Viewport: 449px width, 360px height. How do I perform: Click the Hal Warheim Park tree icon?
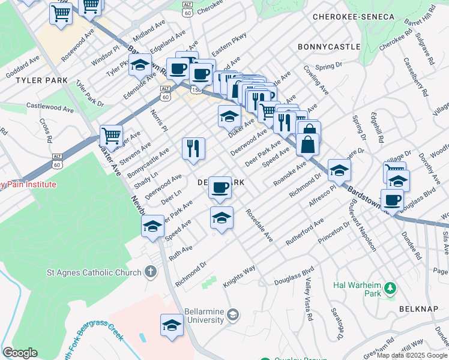coord(390,289)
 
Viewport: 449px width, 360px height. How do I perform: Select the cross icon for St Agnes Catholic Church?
coord(150,272)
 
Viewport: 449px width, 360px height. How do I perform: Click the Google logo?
coord(20,353)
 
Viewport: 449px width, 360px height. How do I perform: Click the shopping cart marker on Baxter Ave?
coord(111,136)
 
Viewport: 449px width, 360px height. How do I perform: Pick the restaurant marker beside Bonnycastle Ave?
coord(193,148)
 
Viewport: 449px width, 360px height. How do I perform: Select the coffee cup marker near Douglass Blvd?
coord(392,200)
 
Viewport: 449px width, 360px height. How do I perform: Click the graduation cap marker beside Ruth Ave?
coord(152,227)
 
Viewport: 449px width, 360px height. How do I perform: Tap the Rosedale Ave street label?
coord(260,226)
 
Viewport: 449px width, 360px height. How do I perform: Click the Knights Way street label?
coord(240,275)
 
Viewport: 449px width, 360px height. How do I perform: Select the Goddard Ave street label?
coord(22,68)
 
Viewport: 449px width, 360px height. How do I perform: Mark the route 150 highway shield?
coord(196,89)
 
